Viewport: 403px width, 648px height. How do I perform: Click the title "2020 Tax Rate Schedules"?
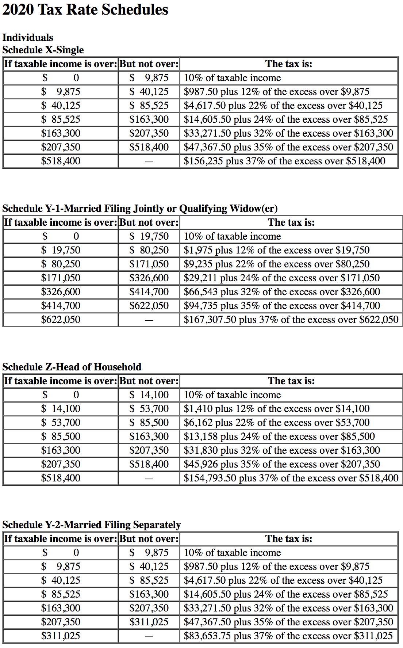tap(85, 9)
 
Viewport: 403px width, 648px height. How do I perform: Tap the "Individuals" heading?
tap(28, 37)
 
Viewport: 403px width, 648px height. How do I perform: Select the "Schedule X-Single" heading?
tap(43, 50)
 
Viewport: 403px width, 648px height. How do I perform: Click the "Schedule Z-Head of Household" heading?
tap(72, 367)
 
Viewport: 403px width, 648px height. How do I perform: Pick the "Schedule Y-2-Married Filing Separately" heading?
tap(91, 525)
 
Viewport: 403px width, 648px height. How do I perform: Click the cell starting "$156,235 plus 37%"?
tap(284, 161)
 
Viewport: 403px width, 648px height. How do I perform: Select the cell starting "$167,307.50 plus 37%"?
tap(291, 320)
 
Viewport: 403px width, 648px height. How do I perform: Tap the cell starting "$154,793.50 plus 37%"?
tap(291, 478)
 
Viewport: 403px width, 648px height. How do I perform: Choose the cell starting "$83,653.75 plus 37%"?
tap(288, 636)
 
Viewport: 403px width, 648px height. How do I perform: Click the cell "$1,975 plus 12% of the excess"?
tap(276, 250)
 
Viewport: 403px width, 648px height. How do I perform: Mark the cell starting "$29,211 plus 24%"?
tap(281, 278)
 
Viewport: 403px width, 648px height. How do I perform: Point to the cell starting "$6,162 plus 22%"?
tap(276, 423)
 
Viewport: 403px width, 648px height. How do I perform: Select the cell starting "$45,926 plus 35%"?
tap(281, 464)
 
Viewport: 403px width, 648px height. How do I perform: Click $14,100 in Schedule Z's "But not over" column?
tap(149, 395)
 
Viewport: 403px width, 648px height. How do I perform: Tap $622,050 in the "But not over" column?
tap(149, 306)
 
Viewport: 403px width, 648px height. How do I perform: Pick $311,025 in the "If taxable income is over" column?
tap(61, 636)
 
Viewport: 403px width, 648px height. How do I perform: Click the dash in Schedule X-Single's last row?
tap(149, 161)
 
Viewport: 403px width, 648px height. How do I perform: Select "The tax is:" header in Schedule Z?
tap(291, 381)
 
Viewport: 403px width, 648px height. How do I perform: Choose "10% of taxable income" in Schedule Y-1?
tap(232, 236)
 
